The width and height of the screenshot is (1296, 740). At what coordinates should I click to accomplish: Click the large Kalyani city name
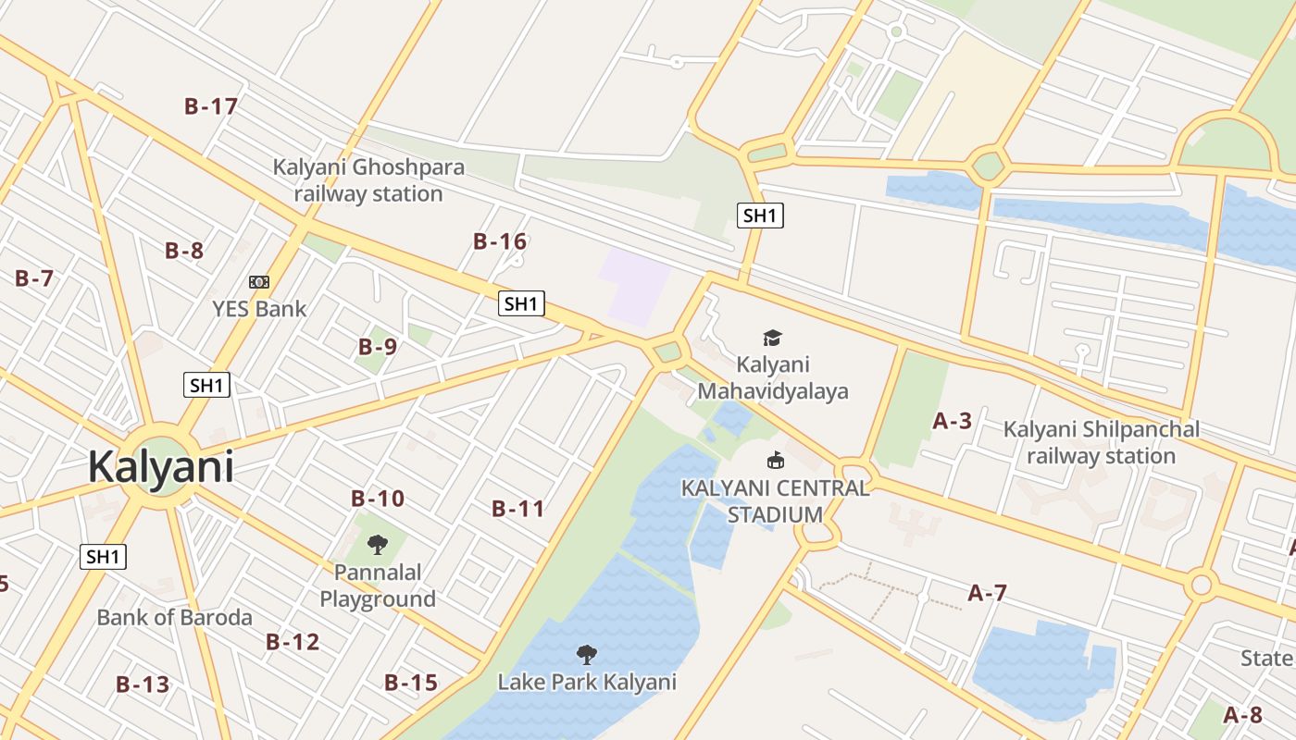click(160, 467)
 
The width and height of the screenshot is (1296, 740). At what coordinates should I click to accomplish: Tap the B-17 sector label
click(211, 106)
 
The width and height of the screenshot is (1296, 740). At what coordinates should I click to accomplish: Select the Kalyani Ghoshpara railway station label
click(368, 181)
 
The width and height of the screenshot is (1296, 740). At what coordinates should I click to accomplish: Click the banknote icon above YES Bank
click(259, 281)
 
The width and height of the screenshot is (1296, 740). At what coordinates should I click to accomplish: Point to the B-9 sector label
click(378, 347)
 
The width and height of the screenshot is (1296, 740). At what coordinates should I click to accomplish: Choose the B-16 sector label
click(500, 241)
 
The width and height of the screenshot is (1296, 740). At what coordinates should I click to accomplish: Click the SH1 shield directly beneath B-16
click(521, 303)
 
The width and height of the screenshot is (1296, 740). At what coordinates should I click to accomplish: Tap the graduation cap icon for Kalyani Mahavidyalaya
click(772, 338)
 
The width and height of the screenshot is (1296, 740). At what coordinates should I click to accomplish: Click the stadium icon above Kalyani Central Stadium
click(775, 460)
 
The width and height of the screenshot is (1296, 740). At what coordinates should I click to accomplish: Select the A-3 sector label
click(952, 421)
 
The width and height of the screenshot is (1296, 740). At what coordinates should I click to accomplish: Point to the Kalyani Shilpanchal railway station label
click(1101, 442)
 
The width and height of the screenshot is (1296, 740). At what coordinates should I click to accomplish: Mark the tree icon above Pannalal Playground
click(377, 544)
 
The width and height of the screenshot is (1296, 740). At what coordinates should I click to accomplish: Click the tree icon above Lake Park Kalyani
click(586, 655)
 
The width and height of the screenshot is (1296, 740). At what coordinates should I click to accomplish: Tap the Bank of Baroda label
click(174, 617)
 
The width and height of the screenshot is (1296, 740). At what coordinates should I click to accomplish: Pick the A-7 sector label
click(987, 593)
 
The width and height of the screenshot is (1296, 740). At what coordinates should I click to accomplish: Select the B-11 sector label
click(518, 508)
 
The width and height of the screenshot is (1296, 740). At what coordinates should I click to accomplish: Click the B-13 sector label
click(143, 684)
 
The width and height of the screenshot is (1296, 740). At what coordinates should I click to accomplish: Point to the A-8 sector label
click(1242, 715)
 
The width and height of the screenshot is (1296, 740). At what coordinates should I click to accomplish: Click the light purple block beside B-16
click(635, 286)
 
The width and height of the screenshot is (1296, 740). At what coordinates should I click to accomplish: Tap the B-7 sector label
click(34, 277)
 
